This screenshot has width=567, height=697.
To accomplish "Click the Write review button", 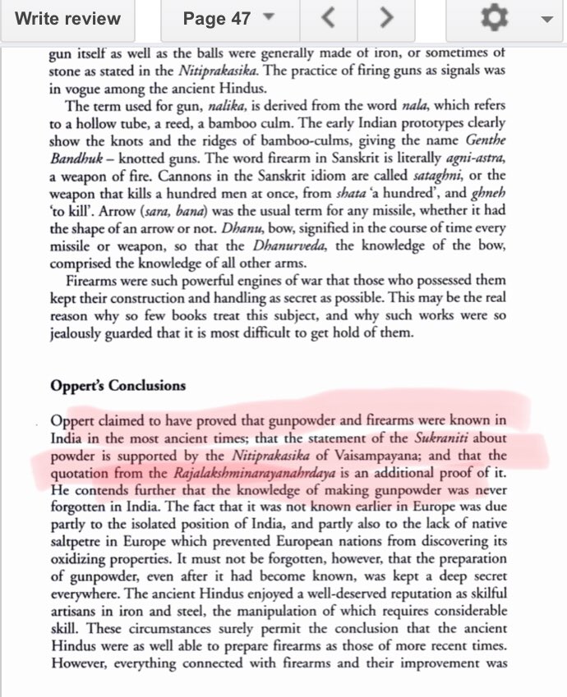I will (68, 20).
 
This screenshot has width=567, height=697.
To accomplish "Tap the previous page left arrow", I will (328, 20).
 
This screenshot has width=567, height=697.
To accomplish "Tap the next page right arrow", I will (386, 20).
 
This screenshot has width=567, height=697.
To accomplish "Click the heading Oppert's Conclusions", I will (118, 385).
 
